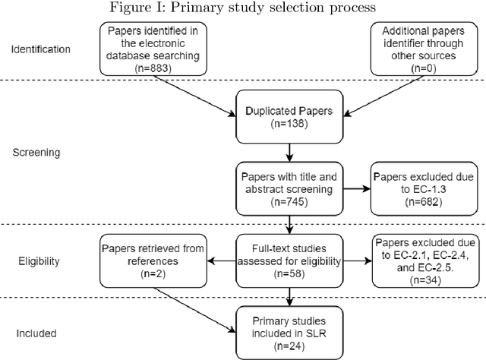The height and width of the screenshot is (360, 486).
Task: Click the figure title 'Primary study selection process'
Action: tap(242, 8)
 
